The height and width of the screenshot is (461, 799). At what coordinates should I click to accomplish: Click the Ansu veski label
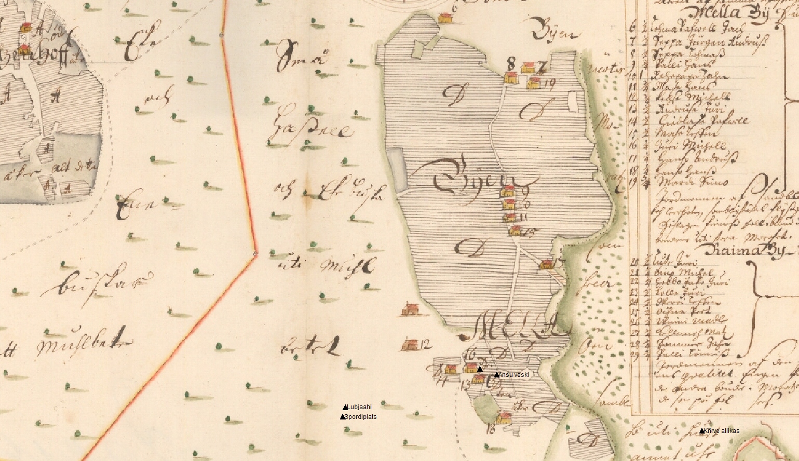click(x=513, y=375)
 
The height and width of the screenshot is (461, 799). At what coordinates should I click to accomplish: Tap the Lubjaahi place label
click(x=360, y=407)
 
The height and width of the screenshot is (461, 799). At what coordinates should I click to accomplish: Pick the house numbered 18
click(x=503, y=417)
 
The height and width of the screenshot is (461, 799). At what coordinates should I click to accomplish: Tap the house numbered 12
click(x=411, y=345)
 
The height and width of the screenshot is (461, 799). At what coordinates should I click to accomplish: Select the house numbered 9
click(x=508, y=192)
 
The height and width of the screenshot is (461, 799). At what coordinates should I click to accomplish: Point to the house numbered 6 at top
click(x=445, y=18)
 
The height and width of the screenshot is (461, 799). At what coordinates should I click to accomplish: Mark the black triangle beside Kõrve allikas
click(x=702, y=431)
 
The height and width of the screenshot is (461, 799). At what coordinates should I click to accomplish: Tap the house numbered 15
click(x=514, y=230)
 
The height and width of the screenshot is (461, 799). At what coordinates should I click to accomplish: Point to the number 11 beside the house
click(x=523, y=217)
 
